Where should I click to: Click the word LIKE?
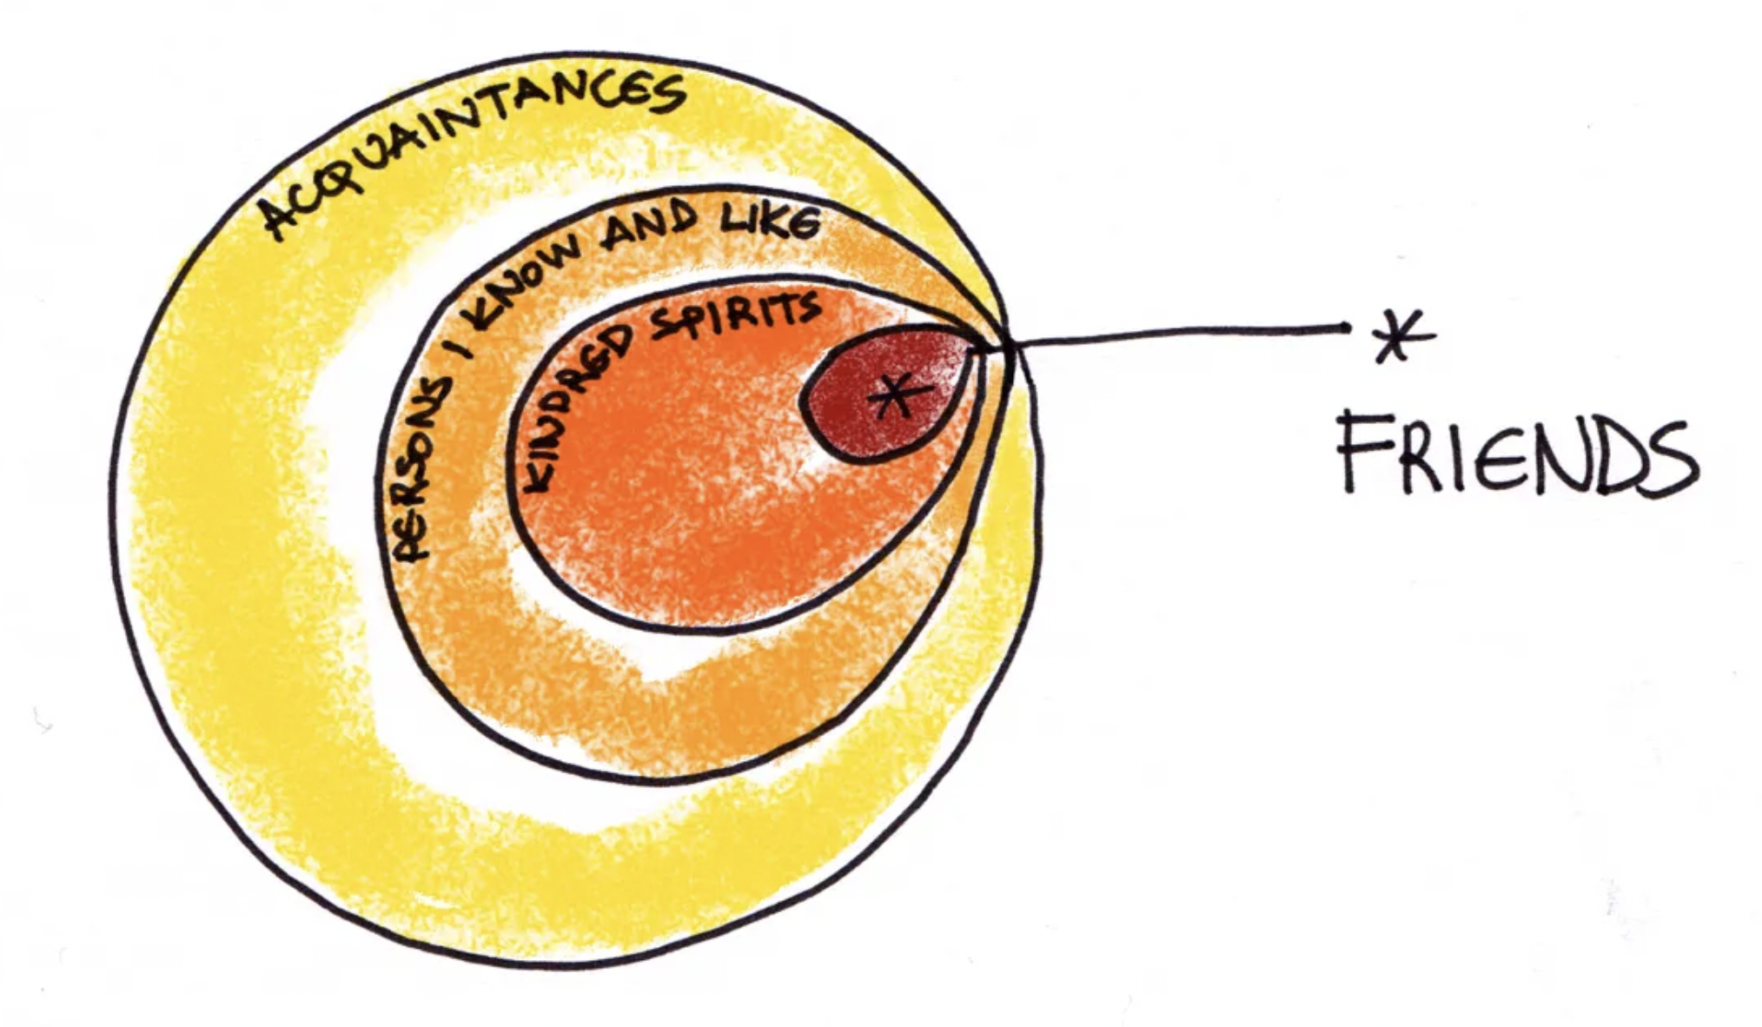[769, 222]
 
